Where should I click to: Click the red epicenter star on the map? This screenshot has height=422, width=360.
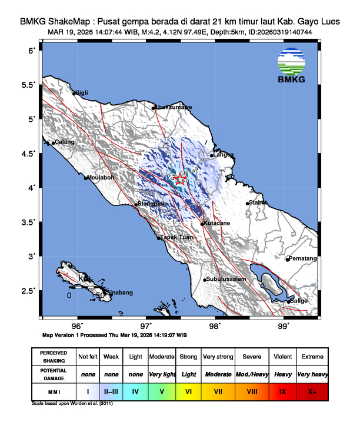(x=181, y=179)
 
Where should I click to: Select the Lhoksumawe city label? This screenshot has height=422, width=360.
(x=173, y=108)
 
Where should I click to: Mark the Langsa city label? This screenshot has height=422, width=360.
(x=224, y=155)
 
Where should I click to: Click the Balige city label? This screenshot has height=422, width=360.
(x=299, y=301)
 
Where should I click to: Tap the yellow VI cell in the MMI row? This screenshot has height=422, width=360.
(x=189, y=390)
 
